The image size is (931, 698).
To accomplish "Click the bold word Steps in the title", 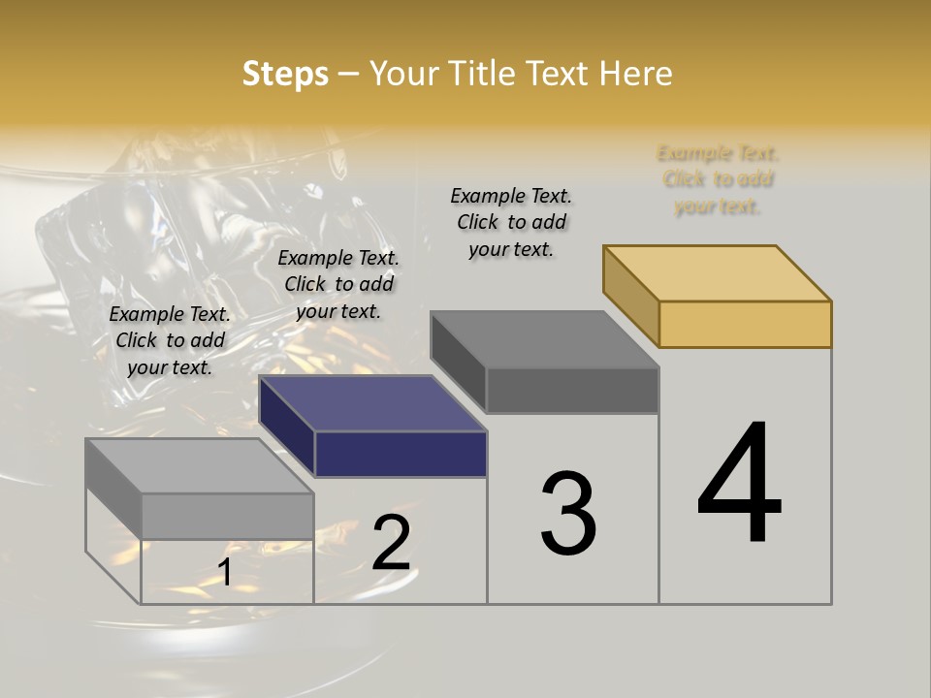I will coord(285,74).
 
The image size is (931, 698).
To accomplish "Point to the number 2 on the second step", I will coord(391,543).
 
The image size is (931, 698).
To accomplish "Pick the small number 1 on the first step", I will coord(225,572).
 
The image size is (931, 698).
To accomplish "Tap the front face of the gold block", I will coord(745,324).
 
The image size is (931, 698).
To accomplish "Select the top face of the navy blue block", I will coord(372,403).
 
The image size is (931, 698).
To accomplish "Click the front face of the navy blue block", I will coord(401,454).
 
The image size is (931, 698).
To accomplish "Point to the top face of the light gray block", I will coord(199,466).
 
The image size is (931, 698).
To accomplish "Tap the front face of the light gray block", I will coord(227,516).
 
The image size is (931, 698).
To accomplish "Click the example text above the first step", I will coord(170,340).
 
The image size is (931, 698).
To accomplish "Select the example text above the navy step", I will coord(338,284).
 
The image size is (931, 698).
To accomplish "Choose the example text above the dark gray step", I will coord(511,222).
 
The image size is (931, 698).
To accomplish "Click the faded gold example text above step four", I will coord(718,179).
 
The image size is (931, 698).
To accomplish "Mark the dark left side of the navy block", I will coord(286,427).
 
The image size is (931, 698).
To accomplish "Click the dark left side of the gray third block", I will coord(458,362).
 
